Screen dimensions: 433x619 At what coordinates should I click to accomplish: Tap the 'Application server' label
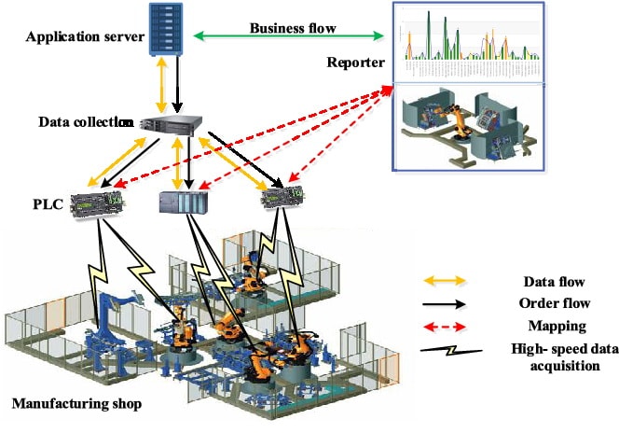click(85, 37)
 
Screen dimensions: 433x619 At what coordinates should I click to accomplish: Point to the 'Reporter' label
click(356, 63)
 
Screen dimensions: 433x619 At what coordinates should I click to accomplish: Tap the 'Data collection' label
click(85, 122)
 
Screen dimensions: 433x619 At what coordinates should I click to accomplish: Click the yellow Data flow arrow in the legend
click(449, 280)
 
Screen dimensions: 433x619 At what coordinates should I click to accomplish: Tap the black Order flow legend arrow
click(449, 303)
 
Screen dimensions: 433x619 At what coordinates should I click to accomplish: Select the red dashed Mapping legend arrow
click(449, 328)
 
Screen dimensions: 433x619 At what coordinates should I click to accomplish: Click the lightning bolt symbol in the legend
click(449, 353)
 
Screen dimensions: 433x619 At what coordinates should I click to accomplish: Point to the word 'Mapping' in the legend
click(555, 328)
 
